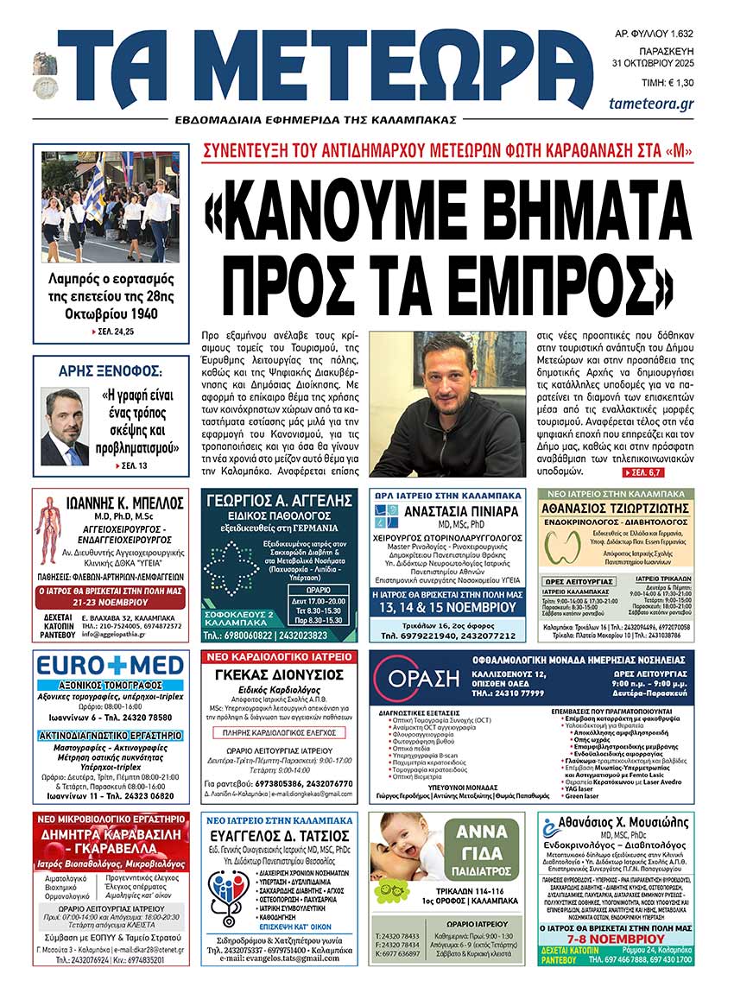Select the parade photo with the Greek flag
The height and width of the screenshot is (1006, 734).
pyautogui.click(x=111, y=206)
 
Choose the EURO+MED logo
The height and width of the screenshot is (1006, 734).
pyautogui.click(x=111, y=665)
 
